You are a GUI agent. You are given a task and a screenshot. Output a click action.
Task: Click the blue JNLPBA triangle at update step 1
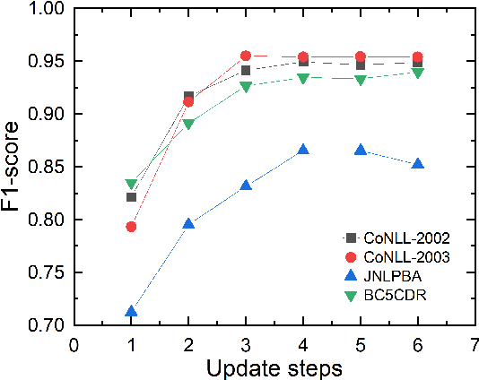pos(131,312)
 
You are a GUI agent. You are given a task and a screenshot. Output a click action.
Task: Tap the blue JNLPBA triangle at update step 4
pos(303,150)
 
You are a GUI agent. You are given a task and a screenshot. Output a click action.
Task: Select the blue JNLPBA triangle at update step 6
pos(418,164)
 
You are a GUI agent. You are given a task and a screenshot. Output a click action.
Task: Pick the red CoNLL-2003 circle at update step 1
pos(131,227)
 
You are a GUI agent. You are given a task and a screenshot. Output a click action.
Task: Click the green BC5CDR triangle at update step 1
pos(131,185)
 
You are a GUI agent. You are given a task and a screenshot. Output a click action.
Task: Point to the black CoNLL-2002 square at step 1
pos(131,197)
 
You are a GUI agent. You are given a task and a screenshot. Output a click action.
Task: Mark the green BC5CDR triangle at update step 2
pos(188,125)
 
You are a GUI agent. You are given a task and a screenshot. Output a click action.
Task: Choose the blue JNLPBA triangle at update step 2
pos(188,224)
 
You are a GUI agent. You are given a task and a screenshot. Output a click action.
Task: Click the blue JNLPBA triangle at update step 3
pos(246,186)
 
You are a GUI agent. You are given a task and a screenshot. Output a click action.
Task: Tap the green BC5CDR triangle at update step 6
pos(418,73)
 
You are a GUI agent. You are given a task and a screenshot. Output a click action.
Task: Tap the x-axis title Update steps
pos(274,367)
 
